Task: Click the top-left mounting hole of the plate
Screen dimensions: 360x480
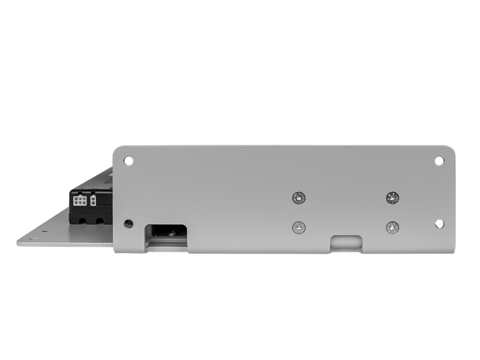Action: pos(128,161)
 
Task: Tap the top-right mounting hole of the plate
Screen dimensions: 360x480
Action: pos(439,160)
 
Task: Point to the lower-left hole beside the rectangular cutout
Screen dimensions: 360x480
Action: pos(129,224)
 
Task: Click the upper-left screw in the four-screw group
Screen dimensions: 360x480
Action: pos(298,197)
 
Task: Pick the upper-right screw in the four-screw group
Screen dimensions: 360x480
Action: pos(392,197)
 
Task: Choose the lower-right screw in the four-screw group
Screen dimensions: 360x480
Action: pos(392,228)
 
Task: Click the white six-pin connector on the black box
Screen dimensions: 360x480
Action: pos(80,200)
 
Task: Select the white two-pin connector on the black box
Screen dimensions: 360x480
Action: pos(93,200)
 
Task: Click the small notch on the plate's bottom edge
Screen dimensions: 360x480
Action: pos(346,244)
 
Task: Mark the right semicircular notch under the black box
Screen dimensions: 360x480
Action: pos(99,220)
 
